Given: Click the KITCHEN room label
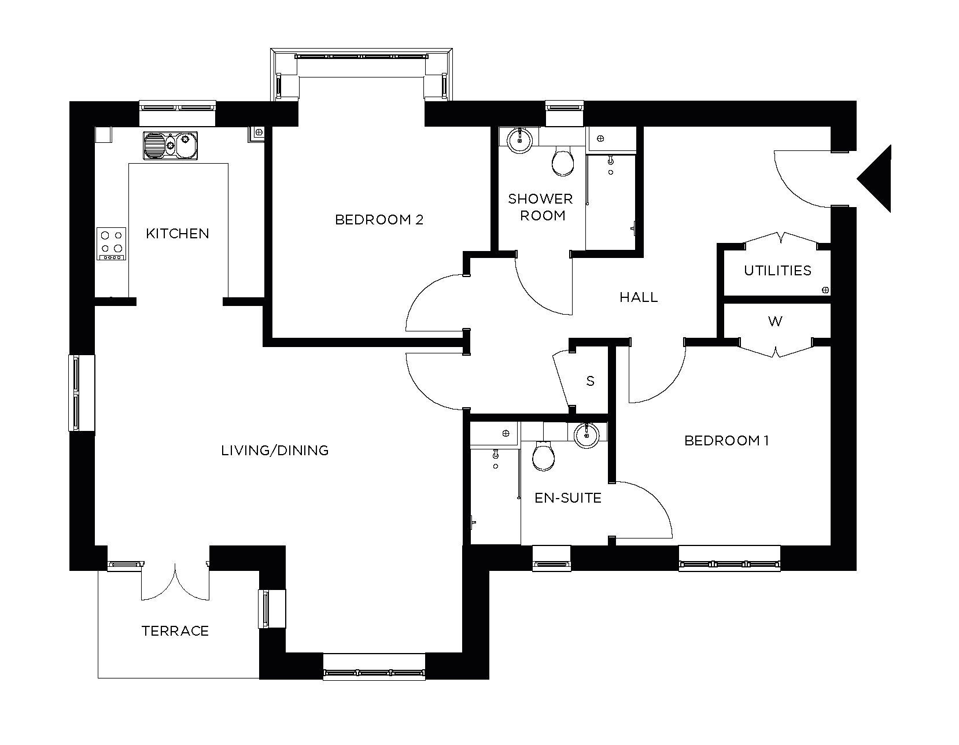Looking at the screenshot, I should pos(177,234).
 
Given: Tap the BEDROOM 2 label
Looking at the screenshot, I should pos(379,220).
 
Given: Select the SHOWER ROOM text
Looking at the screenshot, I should pos(540,207).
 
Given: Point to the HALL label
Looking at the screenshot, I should pos(639,297).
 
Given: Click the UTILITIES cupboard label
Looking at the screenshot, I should pos(777,271).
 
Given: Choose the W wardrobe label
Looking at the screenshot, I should pos(775,322).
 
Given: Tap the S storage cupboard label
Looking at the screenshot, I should pos(590,381).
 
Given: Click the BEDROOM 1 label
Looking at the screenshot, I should pos(726,441).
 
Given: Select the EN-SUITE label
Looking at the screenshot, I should pos(567,498).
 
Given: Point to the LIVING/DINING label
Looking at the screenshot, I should pos(275,450).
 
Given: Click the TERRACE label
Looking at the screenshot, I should pos(175,630).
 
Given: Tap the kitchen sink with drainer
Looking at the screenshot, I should pos(170,145).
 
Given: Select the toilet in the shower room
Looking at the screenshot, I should pos(563,161).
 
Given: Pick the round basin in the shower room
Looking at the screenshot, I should pos(521,139).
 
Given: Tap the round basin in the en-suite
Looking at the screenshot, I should pos(587,435).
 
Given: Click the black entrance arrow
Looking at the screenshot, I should pos(876,178).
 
